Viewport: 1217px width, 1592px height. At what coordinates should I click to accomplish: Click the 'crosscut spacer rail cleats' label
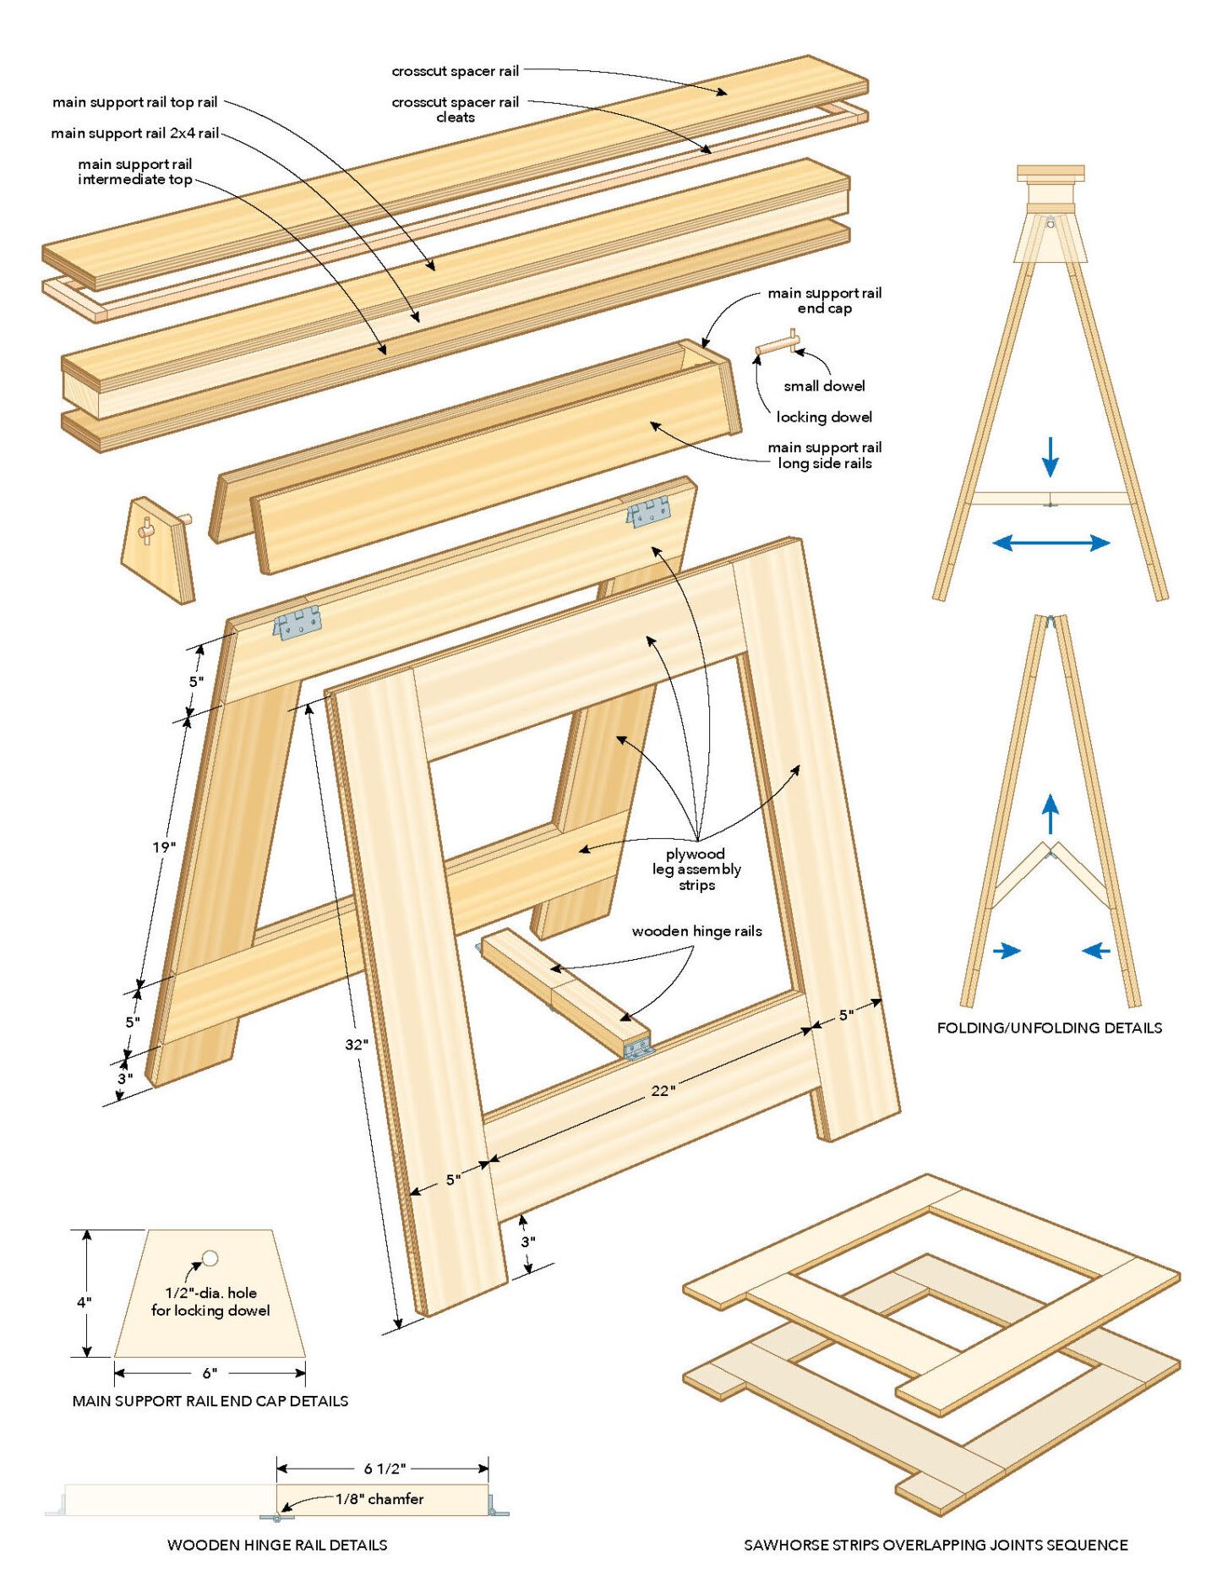coord(455,109)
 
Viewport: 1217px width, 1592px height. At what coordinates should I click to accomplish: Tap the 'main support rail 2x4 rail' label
coord(134,133)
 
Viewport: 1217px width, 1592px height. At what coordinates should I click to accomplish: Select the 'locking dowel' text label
coord(824,417)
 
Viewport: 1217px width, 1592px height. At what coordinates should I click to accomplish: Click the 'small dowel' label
coord(824,385)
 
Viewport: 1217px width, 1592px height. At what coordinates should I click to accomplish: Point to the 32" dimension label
coord(357,1044)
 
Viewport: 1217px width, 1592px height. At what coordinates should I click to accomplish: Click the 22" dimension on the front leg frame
coord(663,1091)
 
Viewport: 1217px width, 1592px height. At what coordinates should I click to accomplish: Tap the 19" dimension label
coord(164,847)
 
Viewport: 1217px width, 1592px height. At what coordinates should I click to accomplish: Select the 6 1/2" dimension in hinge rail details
coord(385,1469)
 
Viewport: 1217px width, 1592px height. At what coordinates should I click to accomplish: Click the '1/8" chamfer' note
coord(379,1499)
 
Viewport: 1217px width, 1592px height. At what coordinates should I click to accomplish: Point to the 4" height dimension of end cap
coord(85,1302)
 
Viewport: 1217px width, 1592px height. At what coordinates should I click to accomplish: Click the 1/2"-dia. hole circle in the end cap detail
coord(210,1258)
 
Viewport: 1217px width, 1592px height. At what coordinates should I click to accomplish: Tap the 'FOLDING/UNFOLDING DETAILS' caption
coord(1049,1028)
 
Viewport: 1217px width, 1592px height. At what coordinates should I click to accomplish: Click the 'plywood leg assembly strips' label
coord(696,869)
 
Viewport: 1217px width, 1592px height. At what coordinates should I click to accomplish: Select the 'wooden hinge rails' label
coord(696,930)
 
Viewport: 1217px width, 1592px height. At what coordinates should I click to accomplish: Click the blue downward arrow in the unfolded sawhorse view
coord(1050,456)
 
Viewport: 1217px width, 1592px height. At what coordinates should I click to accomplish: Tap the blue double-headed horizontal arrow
coord(1051,542)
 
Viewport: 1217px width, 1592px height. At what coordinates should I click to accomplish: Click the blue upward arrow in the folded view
coord(1050,815)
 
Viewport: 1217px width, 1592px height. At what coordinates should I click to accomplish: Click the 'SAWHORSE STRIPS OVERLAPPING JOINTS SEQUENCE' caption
coord(936,1545)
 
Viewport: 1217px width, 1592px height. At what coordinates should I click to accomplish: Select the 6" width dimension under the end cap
coord(210,1373)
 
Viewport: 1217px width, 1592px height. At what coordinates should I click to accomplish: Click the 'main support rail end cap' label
coord(824,300)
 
